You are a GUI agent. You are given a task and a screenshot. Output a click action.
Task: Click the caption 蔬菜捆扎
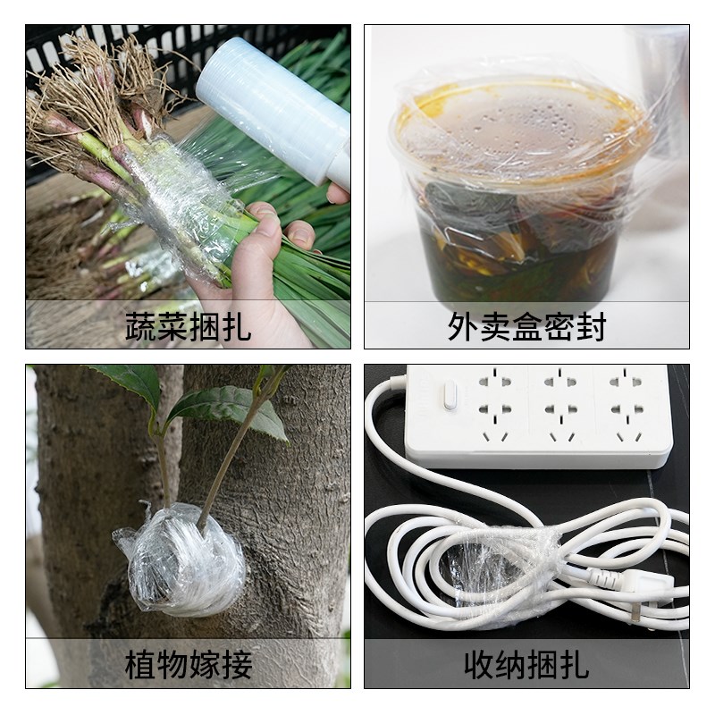click(188, 326)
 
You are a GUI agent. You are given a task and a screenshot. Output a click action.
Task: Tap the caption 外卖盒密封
click(526, 326)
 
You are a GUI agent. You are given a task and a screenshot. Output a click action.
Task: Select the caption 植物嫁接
click(188, 665)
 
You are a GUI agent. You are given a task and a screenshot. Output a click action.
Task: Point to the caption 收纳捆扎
click(526, 665)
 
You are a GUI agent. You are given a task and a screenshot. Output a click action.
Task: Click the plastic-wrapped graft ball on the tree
click(179, 563)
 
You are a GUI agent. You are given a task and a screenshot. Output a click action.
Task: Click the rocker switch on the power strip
click(450, 393)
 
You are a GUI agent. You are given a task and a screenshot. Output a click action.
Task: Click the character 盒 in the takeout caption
click(526, 326)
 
